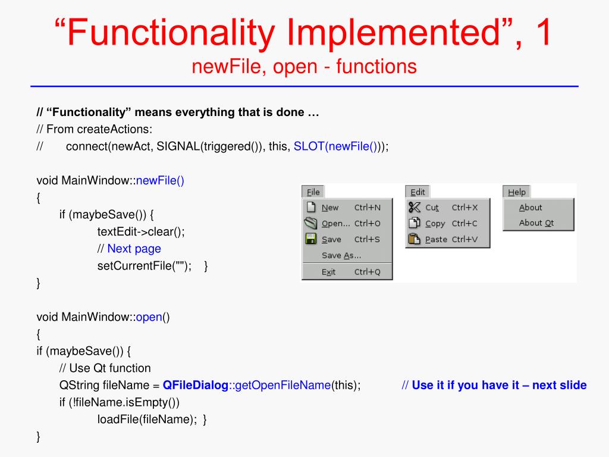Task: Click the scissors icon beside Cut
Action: tap(415, 207)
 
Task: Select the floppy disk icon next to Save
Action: tap(310, 239)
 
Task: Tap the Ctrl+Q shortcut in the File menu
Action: tap(367, 272)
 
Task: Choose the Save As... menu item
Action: tap(341, 255)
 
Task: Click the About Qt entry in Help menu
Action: tap(536, 223)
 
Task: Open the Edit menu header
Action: tap(417, 192)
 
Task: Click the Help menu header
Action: tap(516, 192)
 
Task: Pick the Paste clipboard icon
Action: tap(415, 239)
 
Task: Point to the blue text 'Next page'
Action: tap(134, 249)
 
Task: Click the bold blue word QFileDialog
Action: tap(196, 385)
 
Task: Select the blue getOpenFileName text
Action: tap(283, 385)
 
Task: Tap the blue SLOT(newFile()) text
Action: tap(335, 147)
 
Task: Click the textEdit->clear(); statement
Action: tap(141, 231)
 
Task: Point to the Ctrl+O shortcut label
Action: tap(367, 224)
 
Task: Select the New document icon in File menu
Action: tap(310, 207)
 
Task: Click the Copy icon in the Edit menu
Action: tap(415, 223)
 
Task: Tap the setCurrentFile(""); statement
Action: tap(145, 266)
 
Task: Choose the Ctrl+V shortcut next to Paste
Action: tap(464, 239)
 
